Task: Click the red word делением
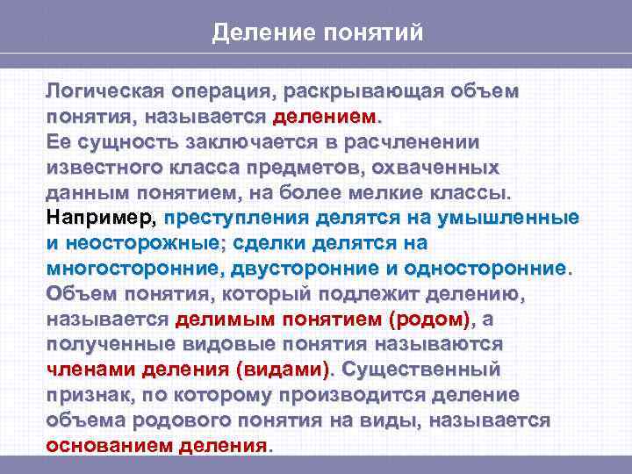(x=324, y=117)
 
